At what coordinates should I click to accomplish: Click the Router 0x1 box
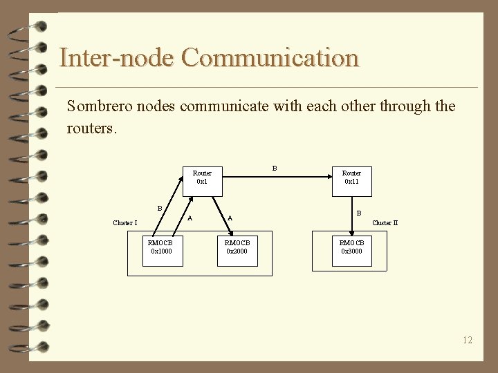coord(202,178)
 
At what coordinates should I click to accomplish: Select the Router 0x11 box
coord(351,178)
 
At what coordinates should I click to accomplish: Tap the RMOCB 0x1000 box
coord(160,247)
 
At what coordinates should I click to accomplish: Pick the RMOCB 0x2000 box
coord(237,247)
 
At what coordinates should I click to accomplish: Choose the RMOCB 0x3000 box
coord(351,247)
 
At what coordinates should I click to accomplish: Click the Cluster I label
coord(125,223)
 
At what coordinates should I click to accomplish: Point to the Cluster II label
coord(385,223)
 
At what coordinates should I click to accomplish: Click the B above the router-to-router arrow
coord(275,168)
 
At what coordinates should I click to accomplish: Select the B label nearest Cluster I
coord(160,208)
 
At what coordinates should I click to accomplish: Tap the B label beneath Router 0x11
coord(358,214)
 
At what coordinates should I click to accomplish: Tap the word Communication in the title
coord(270,57)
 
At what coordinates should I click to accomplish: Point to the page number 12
coord(468,340)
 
